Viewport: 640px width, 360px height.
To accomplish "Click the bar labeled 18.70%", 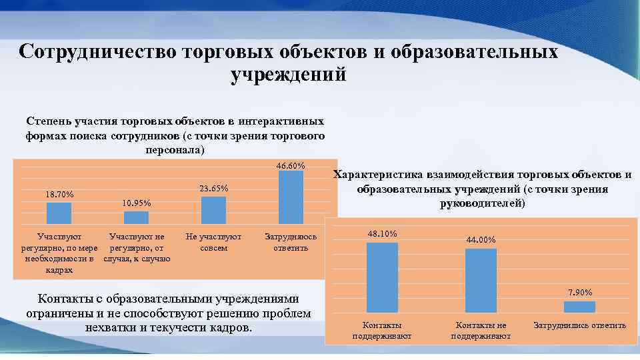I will click(x=59, y=213).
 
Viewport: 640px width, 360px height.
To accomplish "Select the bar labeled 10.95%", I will click(x=137, y=218).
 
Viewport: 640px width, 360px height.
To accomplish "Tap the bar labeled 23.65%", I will click(x=213, y=211).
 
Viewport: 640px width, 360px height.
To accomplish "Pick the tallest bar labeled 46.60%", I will click(x=291, y=197).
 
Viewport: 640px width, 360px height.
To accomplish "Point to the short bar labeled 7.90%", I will click(x=579, y=307).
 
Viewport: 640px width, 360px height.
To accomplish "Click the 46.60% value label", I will click(x=291, y=165).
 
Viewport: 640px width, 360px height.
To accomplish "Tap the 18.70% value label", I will click(x=59, y=195).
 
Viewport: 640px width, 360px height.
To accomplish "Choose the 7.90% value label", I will click(x=579, y=293).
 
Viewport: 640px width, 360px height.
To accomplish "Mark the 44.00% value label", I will click(x=481, y=240).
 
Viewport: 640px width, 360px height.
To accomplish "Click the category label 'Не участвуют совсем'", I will click(x=213, y=242).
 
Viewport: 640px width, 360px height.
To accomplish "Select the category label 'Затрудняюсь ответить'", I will click(x=291, y=242).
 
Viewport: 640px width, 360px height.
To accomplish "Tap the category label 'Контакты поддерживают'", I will click(x=382, y=330).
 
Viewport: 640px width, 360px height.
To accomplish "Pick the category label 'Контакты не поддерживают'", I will click(x=481, y=330).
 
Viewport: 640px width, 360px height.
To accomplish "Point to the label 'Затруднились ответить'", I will click(x=579, y=325).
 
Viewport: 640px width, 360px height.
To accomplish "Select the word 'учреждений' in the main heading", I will click(x=288, y=75).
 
